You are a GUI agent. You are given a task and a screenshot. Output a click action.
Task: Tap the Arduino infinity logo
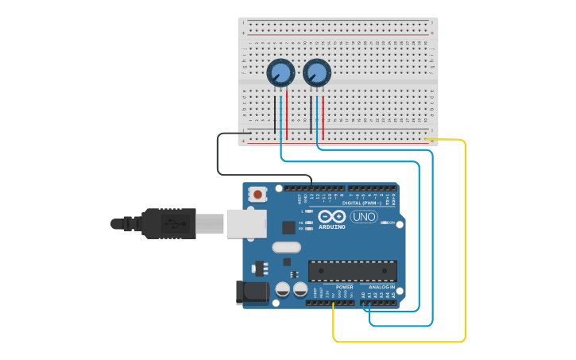[x=331, y=216]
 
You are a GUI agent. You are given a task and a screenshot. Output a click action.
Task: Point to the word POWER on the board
[x=344, y=287]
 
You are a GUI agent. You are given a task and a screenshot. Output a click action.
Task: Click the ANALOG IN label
[x=381, y=287]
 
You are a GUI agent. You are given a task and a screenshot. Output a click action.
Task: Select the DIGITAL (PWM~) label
[x=360, y=203]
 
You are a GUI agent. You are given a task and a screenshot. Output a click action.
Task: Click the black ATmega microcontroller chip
[x=351, y=270]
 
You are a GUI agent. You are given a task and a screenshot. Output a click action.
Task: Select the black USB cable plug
[x=167, y=223]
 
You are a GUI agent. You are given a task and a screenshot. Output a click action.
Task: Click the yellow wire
[x=465, y=238]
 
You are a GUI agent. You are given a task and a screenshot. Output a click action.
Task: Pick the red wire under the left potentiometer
[x=287, y=115]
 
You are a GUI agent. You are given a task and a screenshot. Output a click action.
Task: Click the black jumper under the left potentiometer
[x=275, y=115]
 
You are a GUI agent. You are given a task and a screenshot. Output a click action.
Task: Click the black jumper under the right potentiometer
[x=311, y=115]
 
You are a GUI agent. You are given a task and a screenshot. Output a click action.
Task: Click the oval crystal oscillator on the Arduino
[x=286, y=246]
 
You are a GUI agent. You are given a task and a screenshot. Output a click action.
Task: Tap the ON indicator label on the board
[x=392, y=223]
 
